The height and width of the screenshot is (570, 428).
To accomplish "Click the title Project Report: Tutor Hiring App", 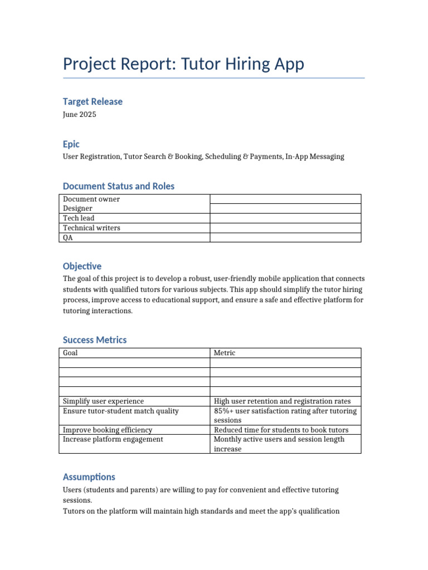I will coord(183,64).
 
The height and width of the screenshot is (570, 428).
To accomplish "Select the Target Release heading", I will coord(93,101).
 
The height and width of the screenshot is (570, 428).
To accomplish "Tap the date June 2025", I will coord(79,114).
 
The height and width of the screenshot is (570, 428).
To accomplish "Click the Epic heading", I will coord(71,144).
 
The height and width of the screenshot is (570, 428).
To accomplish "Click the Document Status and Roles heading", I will coord(118,186).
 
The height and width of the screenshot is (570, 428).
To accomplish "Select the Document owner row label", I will coord(91,199).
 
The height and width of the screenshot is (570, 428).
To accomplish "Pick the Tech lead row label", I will coord(79,218).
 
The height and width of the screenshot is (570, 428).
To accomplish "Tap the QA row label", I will coord(68,238).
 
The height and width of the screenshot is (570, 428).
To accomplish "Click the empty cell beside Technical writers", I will coord(285,228).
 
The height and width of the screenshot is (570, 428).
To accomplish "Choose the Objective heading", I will coord(82,266).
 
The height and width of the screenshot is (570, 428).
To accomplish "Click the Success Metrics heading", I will coord(95,340).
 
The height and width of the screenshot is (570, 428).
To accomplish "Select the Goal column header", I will coord(70,353).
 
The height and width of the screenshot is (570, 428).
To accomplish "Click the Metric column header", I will coord(225,353).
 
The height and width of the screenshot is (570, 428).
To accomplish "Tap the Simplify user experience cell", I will coord(103,401).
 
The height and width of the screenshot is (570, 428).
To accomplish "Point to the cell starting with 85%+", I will coord(285,415).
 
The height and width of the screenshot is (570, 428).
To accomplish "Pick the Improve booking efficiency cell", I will coord(108,430).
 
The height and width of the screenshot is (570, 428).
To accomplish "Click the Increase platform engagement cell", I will coord(113,439).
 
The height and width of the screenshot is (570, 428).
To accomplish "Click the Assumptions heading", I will coord(89,476).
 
